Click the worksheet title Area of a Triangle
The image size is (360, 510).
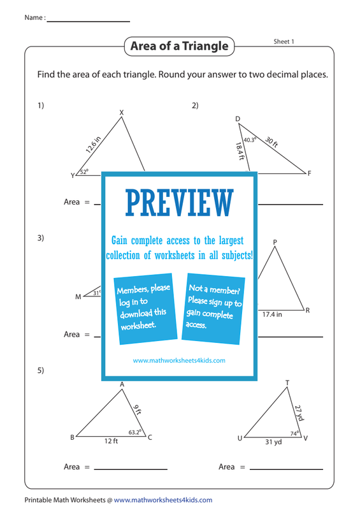point(179,46)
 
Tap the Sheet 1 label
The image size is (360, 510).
point(284,41)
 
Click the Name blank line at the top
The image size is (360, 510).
point(89,22)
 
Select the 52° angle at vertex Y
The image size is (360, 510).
point(84,171)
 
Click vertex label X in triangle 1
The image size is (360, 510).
point(122,113)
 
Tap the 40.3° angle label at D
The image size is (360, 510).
point(250,140)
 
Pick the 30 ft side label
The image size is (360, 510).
point(271,142)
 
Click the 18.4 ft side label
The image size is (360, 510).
point(240,151)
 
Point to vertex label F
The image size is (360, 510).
point(309,173)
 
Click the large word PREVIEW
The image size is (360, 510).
point(180,203)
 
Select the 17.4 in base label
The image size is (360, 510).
point(272,314)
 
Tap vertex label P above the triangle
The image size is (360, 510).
point(275,242)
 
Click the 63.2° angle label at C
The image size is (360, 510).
point(135,432)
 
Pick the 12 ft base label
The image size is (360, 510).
point(111,441)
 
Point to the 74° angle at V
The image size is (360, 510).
point(294,433)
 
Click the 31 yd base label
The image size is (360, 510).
point(273,442)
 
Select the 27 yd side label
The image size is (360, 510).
point(299,412)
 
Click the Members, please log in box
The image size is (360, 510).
point(145,309)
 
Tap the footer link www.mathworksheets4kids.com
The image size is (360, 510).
point(163,500)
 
